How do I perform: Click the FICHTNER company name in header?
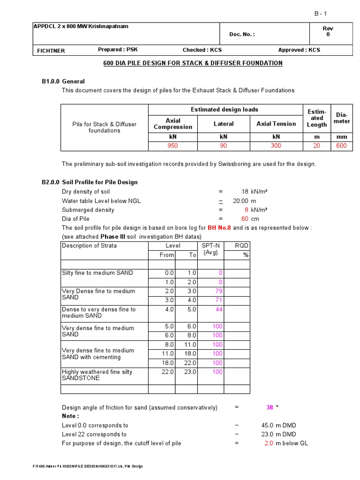point(51,50)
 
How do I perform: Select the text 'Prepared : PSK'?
point(118,50)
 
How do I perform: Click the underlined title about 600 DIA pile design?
point(193,63)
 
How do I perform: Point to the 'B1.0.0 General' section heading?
point(63,81)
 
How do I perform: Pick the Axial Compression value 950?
point(173,146)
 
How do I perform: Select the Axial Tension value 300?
point(276,146)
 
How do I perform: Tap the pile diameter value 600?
point(342,146)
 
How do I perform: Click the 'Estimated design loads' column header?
point(225,110)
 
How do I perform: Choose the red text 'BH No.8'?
point(219,228)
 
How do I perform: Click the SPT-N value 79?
point(219,291)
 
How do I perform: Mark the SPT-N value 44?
point(219,309)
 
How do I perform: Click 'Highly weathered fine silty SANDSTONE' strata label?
point(97,375)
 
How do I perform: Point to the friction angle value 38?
point(270,408)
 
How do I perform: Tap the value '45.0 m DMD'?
point(278,426)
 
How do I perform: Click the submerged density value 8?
point(246,210)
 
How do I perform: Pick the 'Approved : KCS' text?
point(299,50)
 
